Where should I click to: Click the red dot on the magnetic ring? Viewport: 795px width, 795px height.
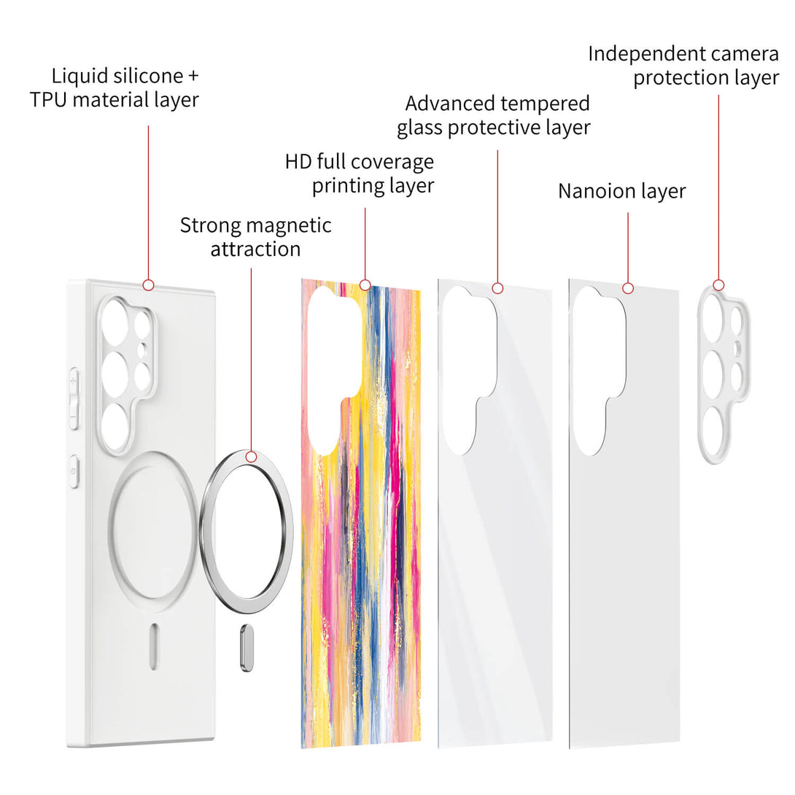click(252, 457)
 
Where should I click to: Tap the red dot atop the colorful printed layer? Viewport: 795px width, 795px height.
click(365, 284)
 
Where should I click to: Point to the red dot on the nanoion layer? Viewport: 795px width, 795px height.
click(628, 288)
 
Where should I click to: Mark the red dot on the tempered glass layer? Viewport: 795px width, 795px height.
click(497, 288)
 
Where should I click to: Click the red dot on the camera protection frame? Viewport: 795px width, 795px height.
click(718, 284)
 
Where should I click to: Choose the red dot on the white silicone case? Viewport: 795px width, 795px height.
click(148, 284)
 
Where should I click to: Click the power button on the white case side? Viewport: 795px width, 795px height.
click(73, 471)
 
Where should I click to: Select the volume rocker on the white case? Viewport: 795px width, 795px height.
click(73, 398)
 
